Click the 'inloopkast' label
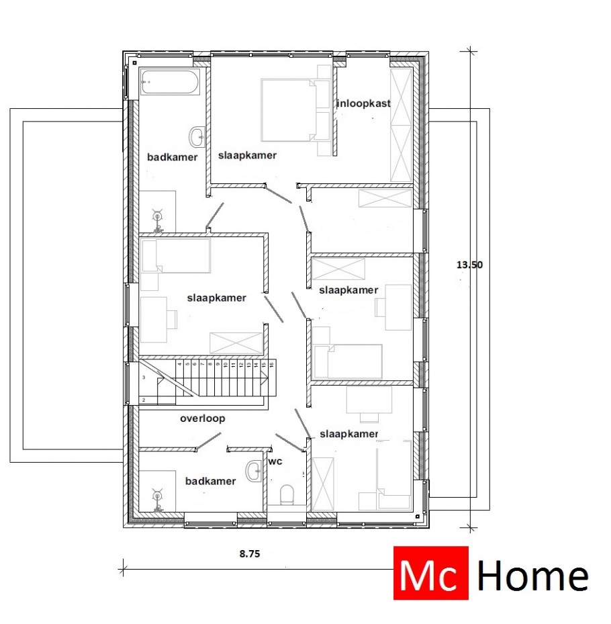363,103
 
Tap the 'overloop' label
202,418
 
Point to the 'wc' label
275,462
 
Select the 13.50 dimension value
469,265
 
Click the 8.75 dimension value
250,554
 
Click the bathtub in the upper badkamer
170,83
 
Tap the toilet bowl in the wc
287,495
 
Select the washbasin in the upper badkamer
197,138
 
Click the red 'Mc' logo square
430,572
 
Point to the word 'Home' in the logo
532,576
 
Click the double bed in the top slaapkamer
289,110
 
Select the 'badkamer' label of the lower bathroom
211,481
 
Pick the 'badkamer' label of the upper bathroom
173,157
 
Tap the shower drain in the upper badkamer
158,216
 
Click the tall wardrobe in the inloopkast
401,124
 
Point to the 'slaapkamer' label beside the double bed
247,155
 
